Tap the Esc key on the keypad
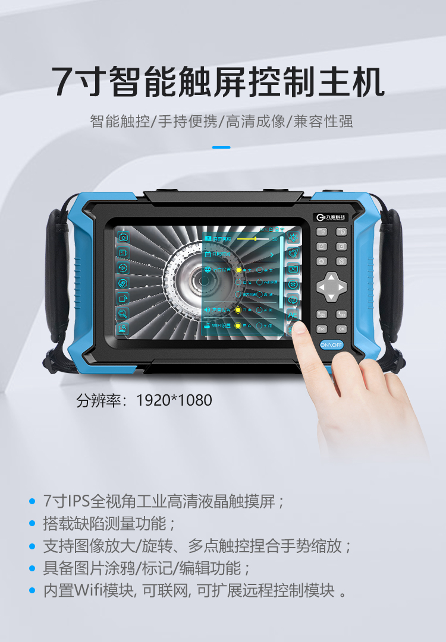point(322,328)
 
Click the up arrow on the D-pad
point(331,277)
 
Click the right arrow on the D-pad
point(342,287)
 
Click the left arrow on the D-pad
point(321,287)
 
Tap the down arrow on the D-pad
point(331,298)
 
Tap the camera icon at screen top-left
point(123,238)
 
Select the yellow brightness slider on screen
point(256,239)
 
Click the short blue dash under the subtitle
point(221,147)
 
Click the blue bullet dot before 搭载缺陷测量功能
point(33,524)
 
